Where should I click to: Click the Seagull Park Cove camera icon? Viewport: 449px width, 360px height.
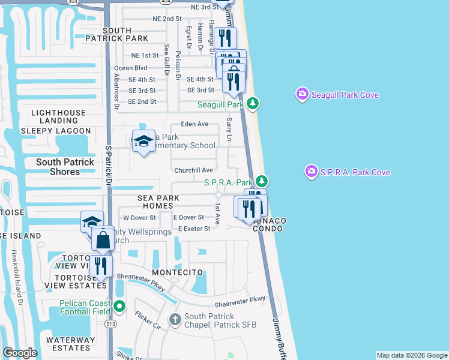click(x=302, y=94)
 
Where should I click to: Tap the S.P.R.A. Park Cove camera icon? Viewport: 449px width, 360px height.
click(x=311, y=172)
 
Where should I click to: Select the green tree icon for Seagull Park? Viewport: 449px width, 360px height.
click(x=254, y=104)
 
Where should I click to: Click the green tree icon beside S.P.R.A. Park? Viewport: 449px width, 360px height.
click(x=261, y=181)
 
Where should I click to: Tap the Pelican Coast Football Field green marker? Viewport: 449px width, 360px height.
click(x=119, y=307)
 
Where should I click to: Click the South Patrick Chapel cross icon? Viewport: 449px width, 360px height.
click(x=175, y=319)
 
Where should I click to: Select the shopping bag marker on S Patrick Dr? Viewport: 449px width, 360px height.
click(x=103, y=239)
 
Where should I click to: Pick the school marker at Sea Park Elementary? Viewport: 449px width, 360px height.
click(x=143, y=141)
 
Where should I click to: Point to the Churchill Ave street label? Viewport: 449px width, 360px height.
click(x=194, y=170)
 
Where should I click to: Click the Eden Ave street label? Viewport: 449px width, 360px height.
click(x=194, y=124)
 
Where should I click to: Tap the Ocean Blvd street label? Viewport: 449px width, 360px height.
click(x=130, y=68)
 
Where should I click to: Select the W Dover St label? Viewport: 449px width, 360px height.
click(x=139, y=217)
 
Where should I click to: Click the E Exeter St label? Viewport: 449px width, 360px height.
click(x=194, y=229)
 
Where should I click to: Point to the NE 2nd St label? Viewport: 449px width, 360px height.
click(x=167, y=19)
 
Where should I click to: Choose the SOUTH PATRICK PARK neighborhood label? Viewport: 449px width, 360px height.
click(x=125, y=34)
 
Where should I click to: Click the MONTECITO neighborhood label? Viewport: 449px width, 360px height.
click(x=178, y=272)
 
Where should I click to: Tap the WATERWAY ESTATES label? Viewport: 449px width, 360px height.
click(x=71, y=344)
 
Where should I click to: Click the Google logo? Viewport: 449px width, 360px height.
click(x=20, y=353)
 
